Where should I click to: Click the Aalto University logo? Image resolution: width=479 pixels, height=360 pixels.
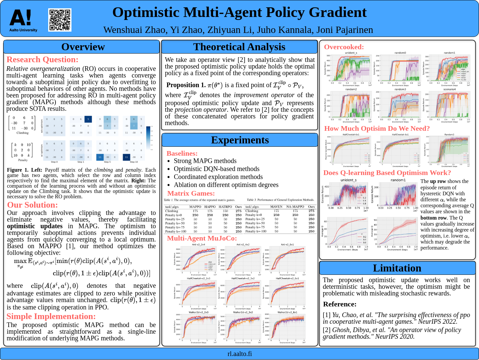pyautogui.click(x=23, y=20)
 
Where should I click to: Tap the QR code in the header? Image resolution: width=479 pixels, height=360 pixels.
pyautogui.click(x=60, y=20)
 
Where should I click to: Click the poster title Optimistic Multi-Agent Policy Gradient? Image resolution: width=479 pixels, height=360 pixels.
pyautogui.click(x=239, y=13)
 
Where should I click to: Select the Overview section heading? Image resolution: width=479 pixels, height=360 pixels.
pyautogui.click(x=83, y=47)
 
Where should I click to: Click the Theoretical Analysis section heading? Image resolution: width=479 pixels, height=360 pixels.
pyautogui.click(x=239, y=47)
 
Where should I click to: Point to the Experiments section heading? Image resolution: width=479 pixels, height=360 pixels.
pyautogui.click(x=240, y=140)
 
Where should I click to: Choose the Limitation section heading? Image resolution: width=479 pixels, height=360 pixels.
pyautogui.click(x=397, y=268)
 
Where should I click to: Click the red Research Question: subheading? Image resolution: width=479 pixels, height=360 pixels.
pyautogui.click(x=43, y=60)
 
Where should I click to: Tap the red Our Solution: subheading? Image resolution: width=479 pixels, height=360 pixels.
pyautogui.click(x=33, y=205)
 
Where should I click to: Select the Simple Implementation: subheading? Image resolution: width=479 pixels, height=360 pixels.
pyautogui.click(x=51, y=316)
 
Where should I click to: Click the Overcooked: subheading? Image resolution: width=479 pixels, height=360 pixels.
pyautogui.click(x=344, y=47)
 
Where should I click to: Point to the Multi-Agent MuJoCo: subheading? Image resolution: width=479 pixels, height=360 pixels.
pyautogui.click(x=202, y=238)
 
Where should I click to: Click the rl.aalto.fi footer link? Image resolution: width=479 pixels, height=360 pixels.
pyautogui.click(x=239, y=354)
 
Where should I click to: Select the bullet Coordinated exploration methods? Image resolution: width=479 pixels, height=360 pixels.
pyautogui.click(x=218, y=177)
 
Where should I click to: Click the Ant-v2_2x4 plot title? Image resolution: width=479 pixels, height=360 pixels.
pyautogui.click(x=198, y=245)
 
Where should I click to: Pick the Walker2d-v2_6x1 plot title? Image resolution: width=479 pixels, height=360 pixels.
pyautogui.click(x=287, y=312)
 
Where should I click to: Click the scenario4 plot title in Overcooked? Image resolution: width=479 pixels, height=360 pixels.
pyautogui.click(x=449, y=89)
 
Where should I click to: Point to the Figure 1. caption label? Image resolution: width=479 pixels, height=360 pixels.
pyautogui.click(x=18, y=170)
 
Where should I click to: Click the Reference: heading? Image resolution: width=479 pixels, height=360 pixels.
pyautogui.click(x=340, y=304)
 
